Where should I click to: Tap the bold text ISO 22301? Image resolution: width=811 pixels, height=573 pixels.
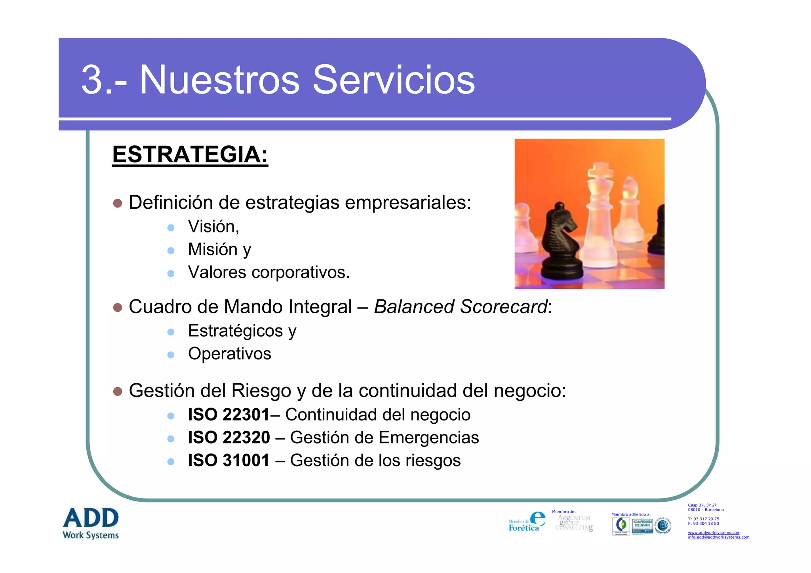click(x=228, y=415)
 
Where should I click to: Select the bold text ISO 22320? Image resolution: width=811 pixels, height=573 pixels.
click(x=229, y=438)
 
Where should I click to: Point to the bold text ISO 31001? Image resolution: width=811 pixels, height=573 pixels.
click(x=228, y=461)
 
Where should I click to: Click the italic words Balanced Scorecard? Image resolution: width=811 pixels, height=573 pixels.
click(x=460, y=307)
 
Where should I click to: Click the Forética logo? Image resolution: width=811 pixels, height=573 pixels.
click(x=527, y=522)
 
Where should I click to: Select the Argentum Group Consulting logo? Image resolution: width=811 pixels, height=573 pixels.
click(x=574, y=523)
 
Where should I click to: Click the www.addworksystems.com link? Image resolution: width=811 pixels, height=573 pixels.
click(x=714, y=533)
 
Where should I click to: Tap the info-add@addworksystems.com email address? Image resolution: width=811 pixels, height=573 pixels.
click(x=718, y=537)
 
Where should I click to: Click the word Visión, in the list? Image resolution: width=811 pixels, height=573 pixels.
click(x=213, y=227)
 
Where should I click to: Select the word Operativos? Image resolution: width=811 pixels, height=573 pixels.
click(x=229, y=354)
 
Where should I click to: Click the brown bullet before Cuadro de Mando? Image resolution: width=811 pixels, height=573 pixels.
click(x=118, y=308)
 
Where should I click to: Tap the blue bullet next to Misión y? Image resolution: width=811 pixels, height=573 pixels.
click(x=171, y=250)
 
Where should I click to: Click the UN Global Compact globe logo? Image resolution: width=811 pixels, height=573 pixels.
click(x=663, y=526)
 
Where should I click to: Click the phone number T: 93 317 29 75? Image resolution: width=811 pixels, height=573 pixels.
click(x=703, y=519)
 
